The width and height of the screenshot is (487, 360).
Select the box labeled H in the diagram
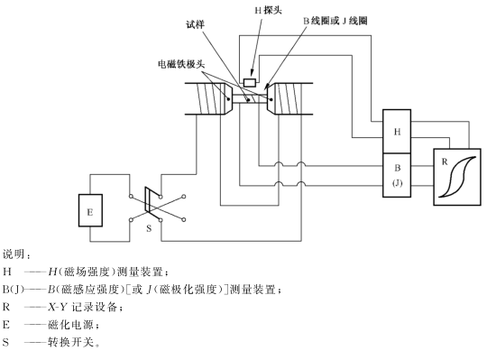click(x=398, y=132)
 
